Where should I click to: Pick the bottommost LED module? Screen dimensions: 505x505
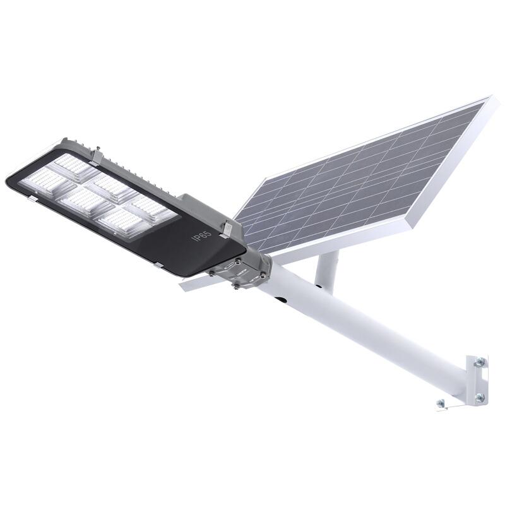[x=121, y=222]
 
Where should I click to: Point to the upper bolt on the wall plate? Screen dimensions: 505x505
[x=479, y=362]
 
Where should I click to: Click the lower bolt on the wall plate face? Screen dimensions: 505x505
[x=479, y=397]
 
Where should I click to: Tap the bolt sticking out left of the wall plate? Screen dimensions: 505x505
[x=439, y=403]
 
